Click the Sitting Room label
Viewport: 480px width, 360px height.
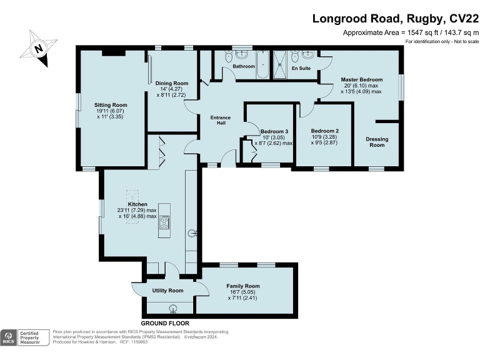click(x=111, y=105)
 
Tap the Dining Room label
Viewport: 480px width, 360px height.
click(x=172, y=83)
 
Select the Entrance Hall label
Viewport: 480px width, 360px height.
click(x=221, y=120)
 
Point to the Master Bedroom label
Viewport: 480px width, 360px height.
click(x=362, y=79)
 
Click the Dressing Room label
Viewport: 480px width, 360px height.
click(x=377, y=142)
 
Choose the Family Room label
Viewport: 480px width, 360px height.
click(x=243, y=286)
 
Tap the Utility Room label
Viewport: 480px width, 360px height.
click(x=167, y=291)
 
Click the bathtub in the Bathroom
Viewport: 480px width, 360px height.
click(x=262, y=64)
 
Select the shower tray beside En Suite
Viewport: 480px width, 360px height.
click(x=280, y=64)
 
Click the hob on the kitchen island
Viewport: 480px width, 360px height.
click(x=164, y=222)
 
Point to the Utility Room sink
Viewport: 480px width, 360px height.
click(x=173, y=307)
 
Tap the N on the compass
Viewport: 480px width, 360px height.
click(x=38, y=49)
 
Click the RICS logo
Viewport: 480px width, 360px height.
click(x=9, y=337)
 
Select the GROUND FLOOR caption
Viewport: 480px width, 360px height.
click(x=165, y=323)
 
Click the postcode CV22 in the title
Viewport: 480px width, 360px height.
click(x=464, y=19)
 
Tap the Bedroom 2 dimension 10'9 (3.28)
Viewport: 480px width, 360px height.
click(x=324, y=137)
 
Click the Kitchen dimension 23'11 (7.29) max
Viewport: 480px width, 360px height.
click(x=136, y=210)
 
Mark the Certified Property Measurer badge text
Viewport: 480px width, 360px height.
click(x=30, y=337)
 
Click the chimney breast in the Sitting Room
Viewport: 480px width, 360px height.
click(x=114, y=53)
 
